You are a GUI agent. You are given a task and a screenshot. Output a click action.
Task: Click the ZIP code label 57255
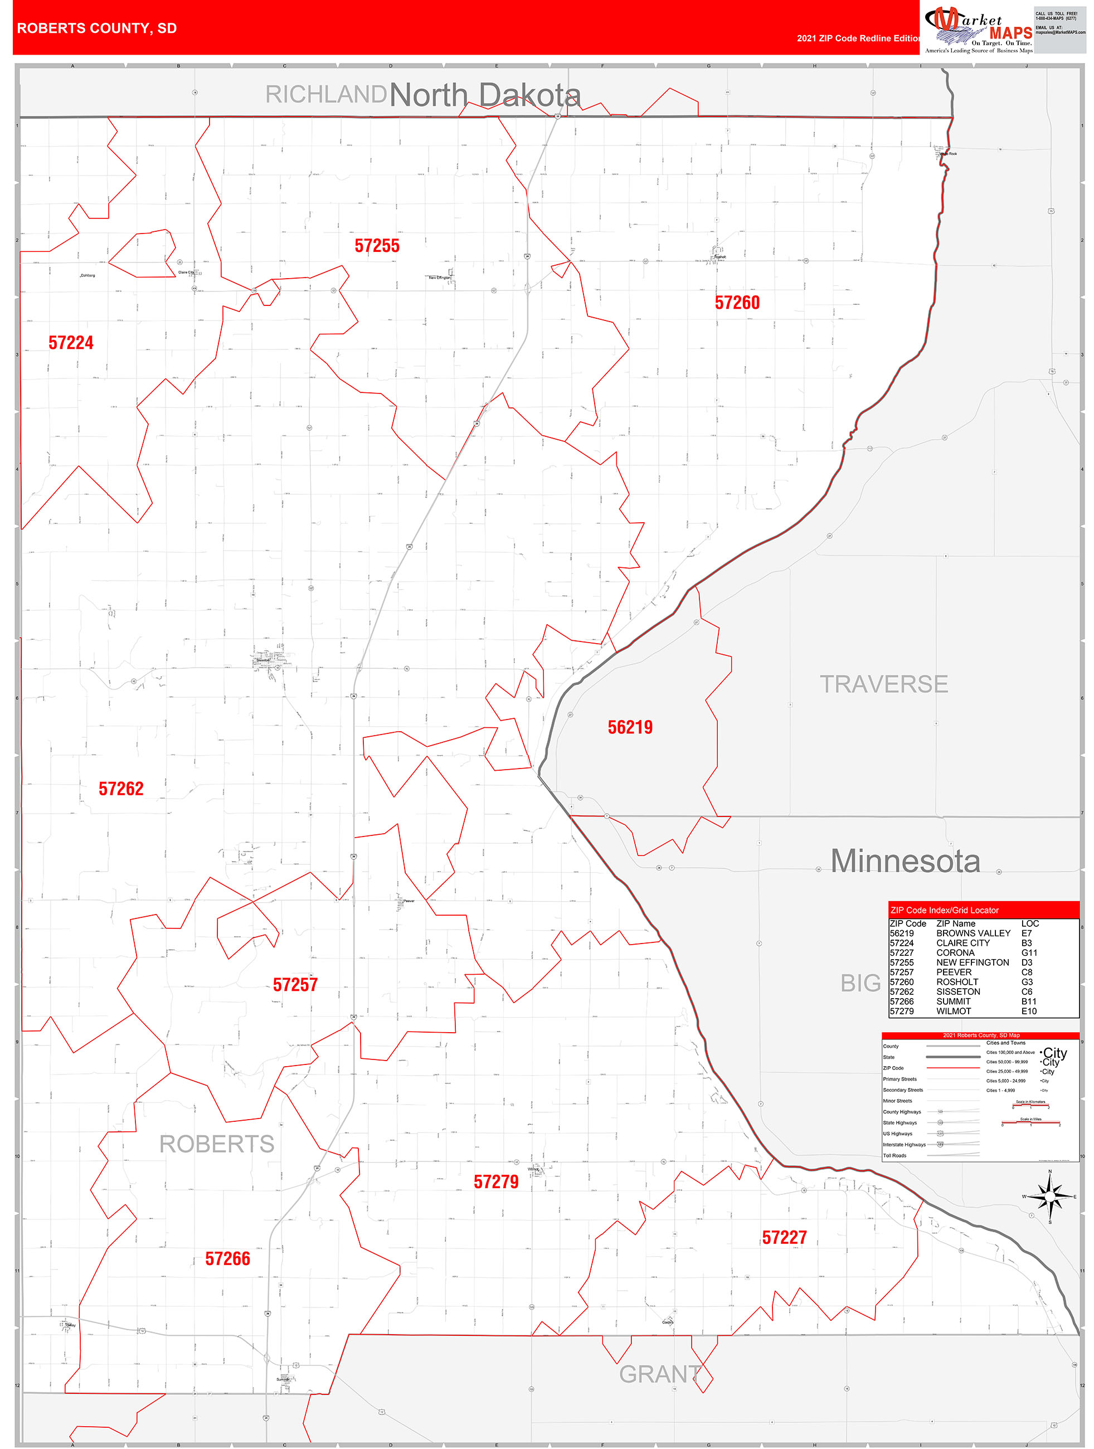click(377, 246)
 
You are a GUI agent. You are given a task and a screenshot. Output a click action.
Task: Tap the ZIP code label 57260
click(737, 303)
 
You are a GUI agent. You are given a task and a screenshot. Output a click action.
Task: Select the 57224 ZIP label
click(71, 343)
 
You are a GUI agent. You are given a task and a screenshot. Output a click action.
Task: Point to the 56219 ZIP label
click(630, 727)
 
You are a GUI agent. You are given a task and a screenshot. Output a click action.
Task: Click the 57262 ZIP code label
click(120, 789)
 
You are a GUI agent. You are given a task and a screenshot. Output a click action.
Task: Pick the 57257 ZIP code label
click(295, 985)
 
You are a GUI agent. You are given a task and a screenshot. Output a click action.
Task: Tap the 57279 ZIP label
click(496, 1181)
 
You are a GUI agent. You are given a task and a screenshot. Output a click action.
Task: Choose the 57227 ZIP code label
click(784, 1237)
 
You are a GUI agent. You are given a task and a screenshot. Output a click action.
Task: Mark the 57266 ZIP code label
click(227, 1258)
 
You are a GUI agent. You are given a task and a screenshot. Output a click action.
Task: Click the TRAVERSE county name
click(884, 684)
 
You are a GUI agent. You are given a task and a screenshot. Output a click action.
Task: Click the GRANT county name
click(660, 1374)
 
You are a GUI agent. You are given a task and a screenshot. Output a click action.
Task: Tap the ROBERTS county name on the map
click(217, 1144)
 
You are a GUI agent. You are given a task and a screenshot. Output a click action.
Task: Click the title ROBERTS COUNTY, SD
click(97, 28)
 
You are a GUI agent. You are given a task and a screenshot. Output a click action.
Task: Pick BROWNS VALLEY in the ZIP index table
click(973, 933)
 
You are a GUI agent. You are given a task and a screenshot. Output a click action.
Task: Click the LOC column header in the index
click(1030, 923)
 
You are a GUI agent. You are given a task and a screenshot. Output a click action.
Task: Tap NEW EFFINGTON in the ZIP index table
click(972, 962)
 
